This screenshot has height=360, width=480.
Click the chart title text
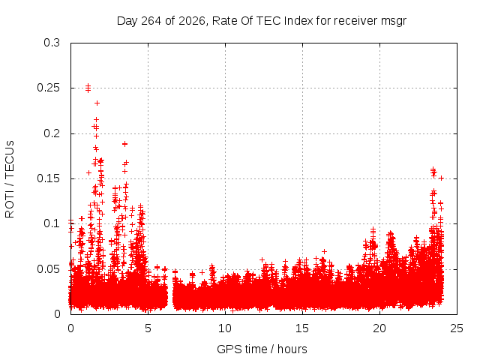[x=262, y=21]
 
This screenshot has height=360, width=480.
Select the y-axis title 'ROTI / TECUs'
[x=10, y=179]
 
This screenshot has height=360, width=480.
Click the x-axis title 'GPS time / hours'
[x=262, y=349]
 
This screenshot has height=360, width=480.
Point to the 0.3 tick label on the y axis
[x=52, y=43]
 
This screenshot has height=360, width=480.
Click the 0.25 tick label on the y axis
[x=48, y=88]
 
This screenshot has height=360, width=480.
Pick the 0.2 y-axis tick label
[x=52, y=133]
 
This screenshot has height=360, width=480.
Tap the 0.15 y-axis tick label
[x=48, y=178]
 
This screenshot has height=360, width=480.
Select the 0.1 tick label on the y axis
[x=52, y=223]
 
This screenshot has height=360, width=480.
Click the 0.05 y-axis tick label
[x=48, y=269]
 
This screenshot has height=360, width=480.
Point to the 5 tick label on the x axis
[x=148, y=328]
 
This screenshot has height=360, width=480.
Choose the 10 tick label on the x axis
[x=225, y=328]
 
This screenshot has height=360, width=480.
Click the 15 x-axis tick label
[x=302, y=328]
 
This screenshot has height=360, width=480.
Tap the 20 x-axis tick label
[x=379, y=328]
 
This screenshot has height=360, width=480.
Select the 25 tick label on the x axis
[x=457, y=328]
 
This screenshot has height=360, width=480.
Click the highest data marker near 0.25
[x=88, y=85]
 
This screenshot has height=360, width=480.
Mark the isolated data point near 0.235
[x=97, y=103]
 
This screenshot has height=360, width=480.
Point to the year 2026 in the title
[x=192, y=21]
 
